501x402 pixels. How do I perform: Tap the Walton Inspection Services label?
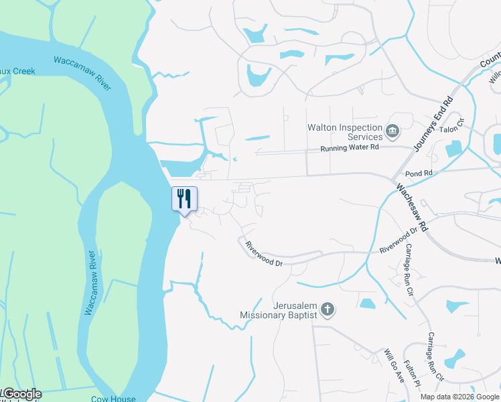[x=345, y=132]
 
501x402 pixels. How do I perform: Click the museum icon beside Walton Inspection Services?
[x=393, y=129]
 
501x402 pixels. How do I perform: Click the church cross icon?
[x=328, y=309]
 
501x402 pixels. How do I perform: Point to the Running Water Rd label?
[x=349, y=147]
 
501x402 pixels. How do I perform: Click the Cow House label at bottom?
[x=114, y=399]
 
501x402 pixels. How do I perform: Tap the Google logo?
[x=21, y=394]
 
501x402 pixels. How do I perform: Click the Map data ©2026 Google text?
[x=459, y=397]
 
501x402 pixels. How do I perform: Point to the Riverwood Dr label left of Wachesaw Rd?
[x=264, y=254]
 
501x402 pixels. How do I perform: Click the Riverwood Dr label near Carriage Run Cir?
[x=399, y=241]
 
